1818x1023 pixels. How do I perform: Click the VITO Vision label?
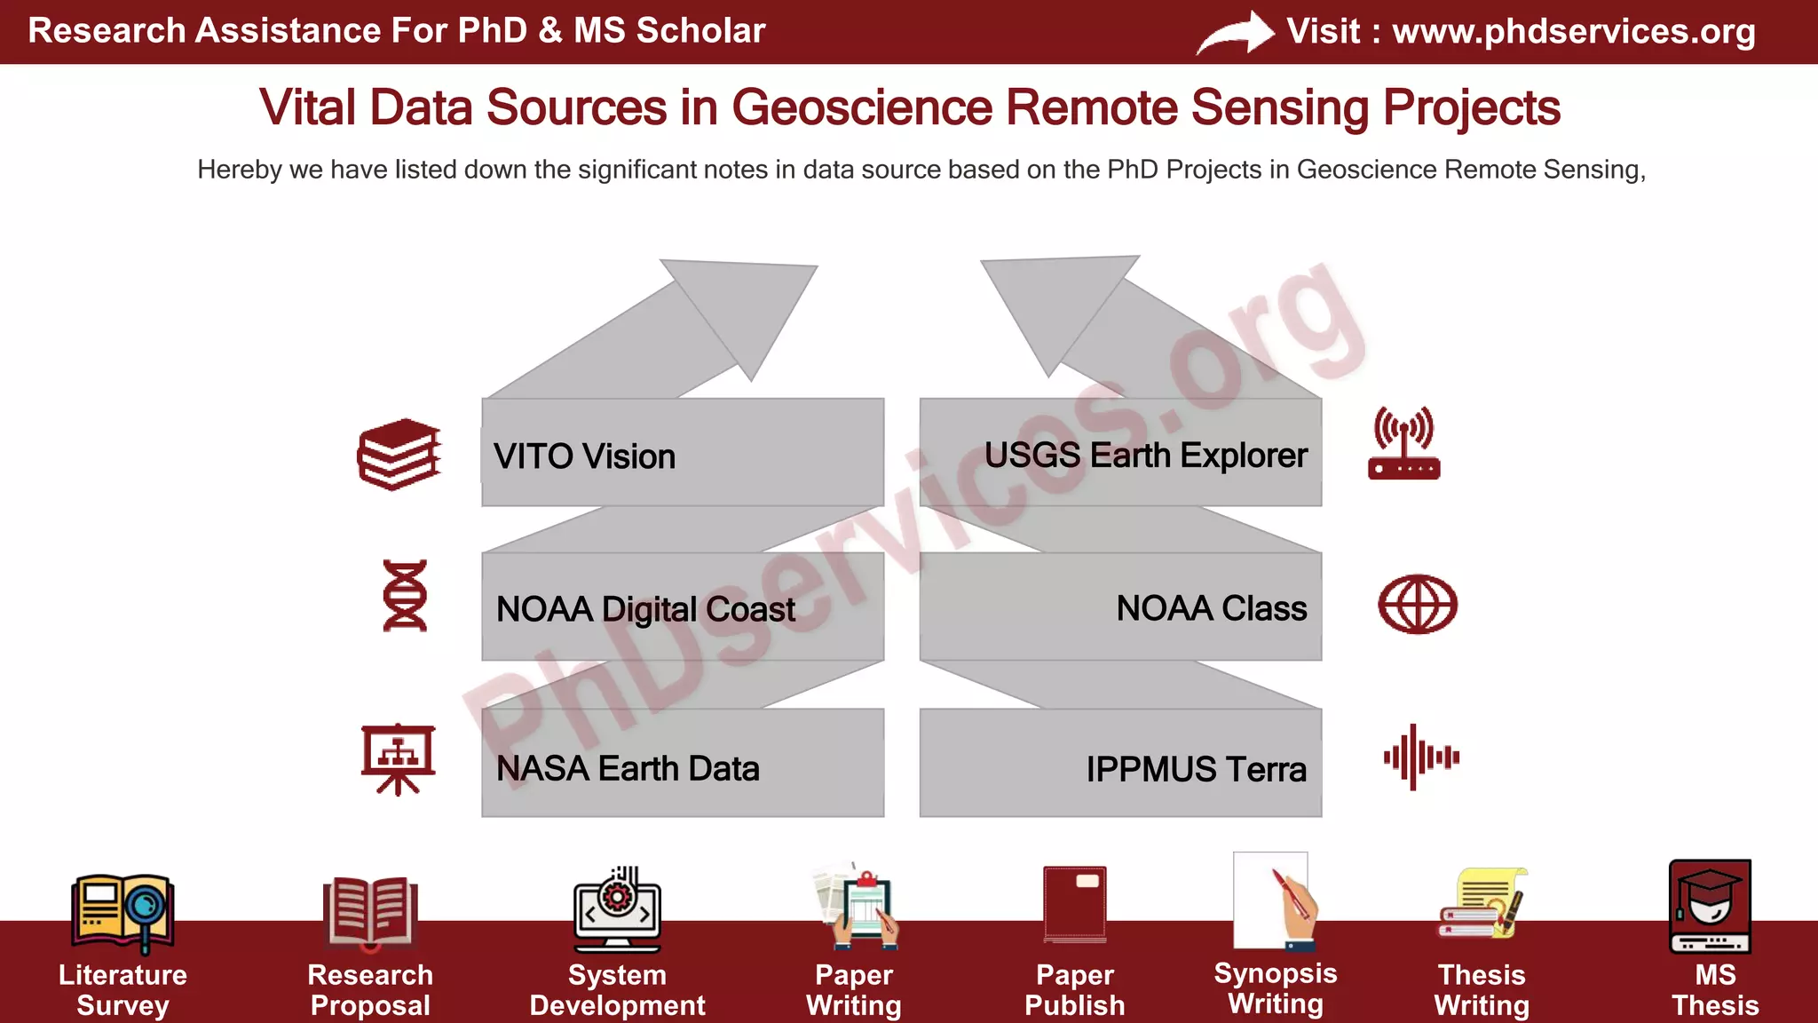tap(584, 456)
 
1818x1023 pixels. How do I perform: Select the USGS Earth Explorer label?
tap(1145, 456)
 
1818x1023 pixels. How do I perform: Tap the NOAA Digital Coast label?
tap(645, 609)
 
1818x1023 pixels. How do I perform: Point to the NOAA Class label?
tap(1211, 608)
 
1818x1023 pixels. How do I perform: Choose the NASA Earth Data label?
tap(628, 768)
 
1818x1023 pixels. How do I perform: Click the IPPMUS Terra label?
tap(1196, 769)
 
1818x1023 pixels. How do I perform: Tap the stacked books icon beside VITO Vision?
tap(399, 454)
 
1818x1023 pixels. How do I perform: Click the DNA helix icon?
tap(405, 595)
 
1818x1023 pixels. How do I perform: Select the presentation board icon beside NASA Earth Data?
tap(398, 759)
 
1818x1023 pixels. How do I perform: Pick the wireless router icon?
tap(1403, 443)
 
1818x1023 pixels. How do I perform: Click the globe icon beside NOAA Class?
tap(1417, 605)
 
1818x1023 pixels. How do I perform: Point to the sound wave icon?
tap(1420, 757)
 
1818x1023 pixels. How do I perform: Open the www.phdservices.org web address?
tap(1573, 31)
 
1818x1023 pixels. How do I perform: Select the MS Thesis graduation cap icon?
tap(1710, 906)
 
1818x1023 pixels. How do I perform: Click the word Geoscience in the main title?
tap(861, 107)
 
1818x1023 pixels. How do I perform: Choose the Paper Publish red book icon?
tap(1075, 904)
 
